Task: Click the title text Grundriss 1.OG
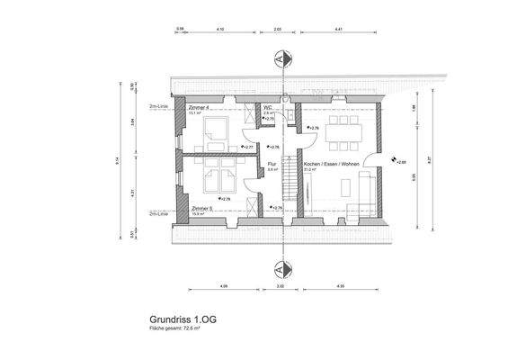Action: (x=183, y=319)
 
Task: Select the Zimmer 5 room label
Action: (x=201, y=208)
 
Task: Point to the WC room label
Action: (x=268, y=107)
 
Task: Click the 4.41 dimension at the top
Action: (x=339, y=30)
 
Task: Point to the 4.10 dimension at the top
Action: (x=221, y=30)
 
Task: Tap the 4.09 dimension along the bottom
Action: (x=222, y=287)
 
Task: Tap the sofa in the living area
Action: (x=365, y=190)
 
